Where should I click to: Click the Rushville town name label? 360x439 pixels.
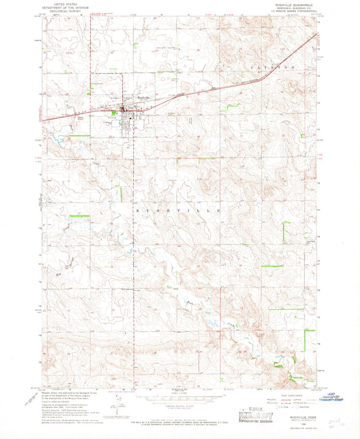tap(144, 97)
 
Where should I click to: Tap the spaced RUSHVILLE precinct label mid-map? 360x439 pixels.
tap(180, 211)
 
